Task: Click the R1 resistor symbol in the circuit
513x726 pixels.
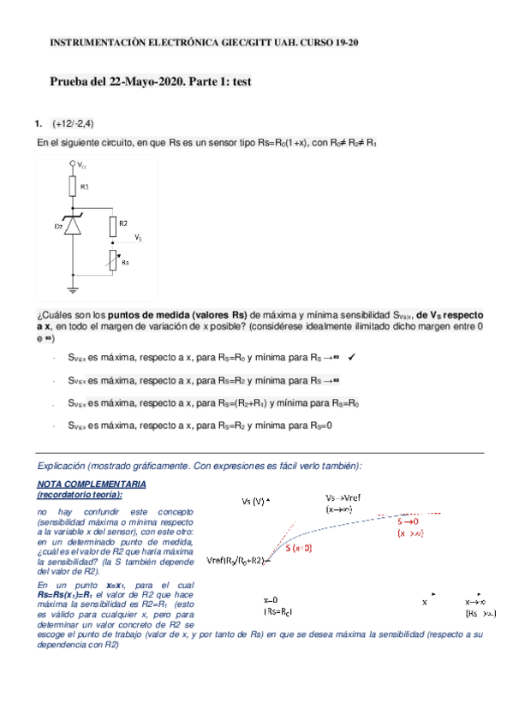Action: point(73,185)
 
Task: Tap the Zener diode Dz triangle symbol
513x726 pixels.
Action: point(73,226)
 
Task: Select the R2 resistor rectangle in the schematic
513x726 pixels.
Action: point(111,226)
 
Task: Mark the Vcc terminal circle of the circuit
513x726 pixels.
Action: point(73,163)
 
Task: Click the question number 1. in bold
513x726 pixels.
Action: point(39,122)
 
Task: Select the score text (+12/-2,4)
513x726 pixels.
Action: point(73,122)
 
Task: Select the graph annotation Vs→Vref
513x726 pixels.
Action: point(349,497)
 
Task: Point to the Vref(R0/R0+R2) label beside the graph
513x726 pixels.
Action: point(239,561)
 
